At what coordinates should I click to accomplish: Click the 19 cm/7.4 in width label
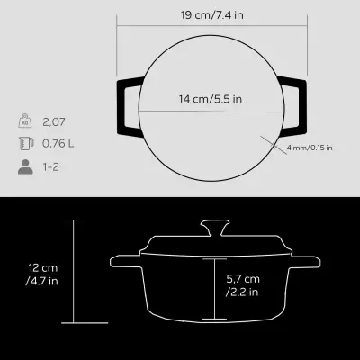tap(209, 14)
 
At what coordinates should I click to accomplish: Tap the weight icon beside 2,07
tap(24, 121)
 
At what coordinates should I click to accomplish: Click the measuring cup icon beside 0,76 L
tap(24, 143)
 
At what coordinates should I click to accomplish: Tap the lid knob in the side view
tap(212, 225)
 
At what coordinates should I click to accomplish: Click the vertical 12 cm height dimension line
tap(74, 270)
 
